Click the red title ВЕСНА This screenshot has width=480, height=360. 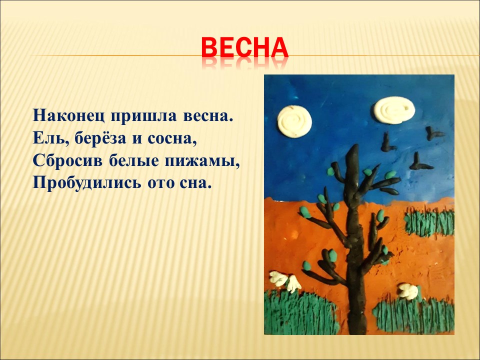pos(245,47)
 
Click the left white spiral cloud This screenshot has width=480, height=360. pos(294,121)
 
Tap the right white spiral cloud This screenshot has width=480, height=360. pos(394,110)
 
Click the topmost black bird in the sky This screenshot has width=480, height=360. pos(434,133)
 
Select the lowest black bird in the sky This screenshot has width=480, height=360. pos(420,162)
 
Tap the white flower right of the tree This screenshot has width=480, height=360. pos(408,291)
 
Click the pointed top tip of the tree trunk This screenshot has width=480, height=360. pos(355,145)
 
